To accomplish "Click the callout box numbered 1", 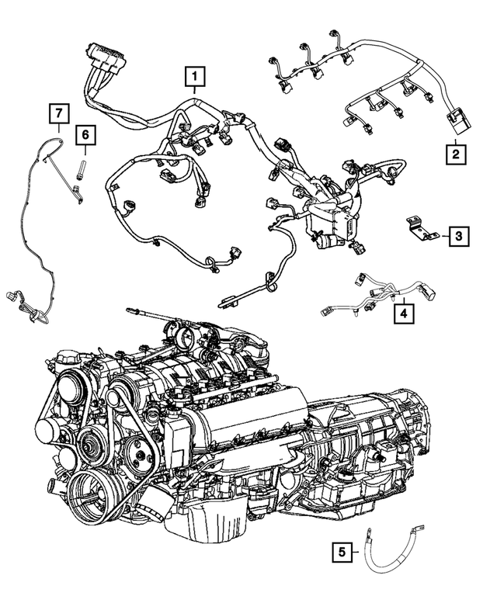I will [194, 77].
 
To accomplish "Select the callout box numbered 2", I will [457, 153].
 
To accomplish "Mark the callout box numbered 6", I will [86, 137].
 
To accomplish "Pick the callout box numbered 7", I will [57, 114].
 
